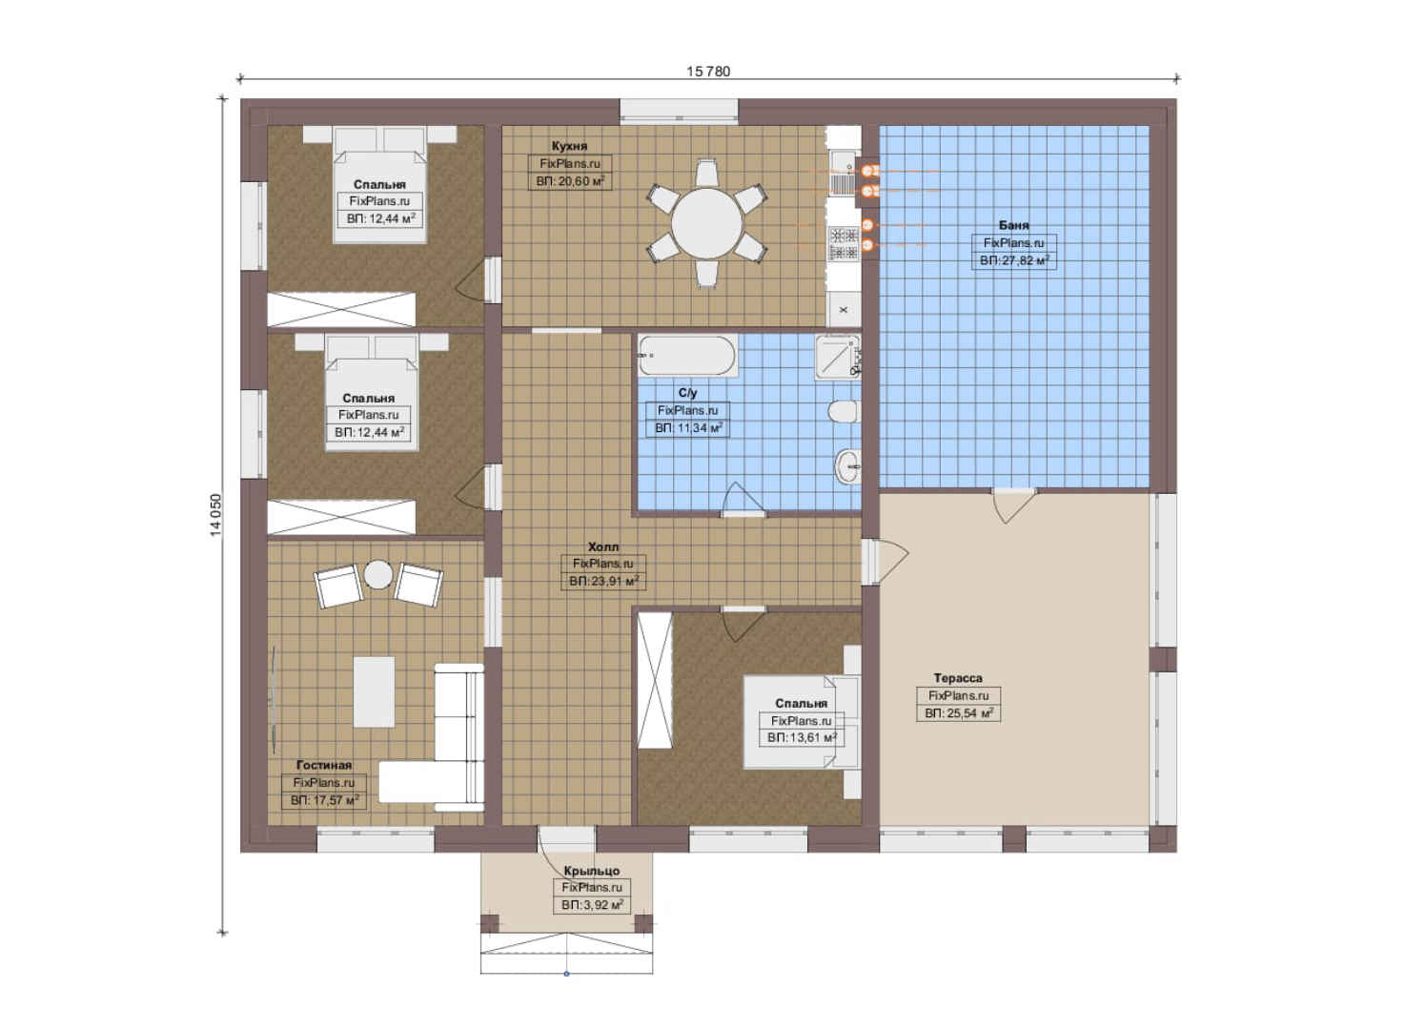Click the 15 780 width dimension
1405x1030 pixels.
tap(708, 72)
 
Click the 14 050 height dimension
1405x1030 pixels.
tap(215, 515)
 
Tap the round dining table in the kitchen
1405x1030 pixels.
tap(707, 223)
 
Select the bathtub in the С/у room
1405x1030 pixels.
tap(687, 356)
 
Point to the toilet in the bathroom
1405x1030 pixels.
tap(844, 411)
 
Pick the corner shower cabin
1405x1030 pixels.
tap(837, 357)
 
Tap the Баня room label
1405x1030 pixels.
tap(1013, 225)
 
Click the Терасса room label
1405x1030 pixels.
tap(958, 678)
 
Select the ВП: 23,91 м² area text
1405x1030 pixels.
tap(603, 581)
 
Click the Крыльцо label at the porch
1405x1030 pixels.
tap(592, 871)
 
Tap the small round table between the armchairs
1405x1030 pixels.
tap(378, 574)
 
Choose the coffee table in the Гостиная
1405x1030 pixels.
tap(374, 691)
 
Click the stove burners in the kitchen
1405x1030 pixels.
tap(844, 243)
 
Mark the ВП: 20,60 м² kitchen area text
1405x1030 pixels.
tap(569, 182)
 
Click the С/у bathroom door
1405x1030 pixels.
tap(743, 501)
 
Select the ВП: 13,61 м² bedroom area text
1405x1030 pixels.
tap(802, 737)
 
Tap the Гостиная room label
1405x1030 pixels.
tap(324, 765)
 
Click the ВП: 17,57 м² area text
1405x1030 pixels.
tap(324, 800)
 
